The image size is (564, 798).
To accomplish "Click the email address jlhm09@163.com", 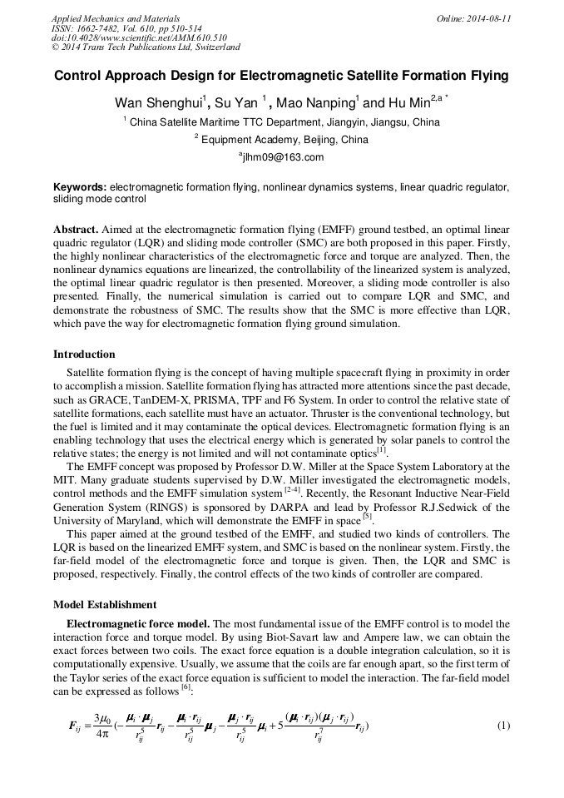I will point(282,156).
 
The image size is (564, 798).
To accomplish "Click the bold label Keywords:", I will point(80,188).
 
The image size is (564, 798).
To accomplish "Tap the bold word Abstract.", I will point(77,228).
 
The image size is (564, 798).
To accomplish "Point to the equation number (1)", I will point(502,725).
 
